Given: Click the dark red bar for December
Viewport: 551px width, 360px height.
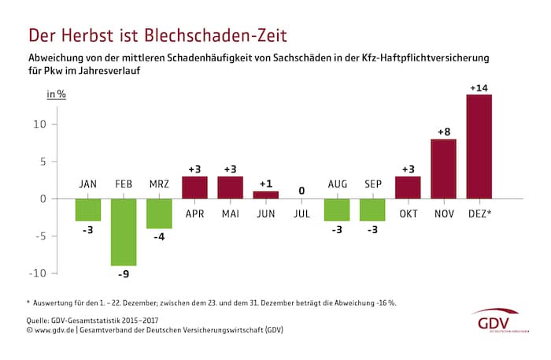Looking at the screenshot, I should pos(479,147).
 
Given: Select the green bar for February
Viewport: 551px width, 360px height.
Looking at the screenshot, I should pos(124,232).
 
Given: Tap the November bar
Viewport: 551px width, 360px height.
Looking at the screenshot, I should pos(443,169).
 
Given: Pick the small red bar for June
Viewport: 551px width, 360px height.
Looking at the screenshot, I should pos(265,195).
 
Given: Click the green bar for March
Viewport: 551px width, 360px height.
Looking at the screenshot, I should pos(159,213).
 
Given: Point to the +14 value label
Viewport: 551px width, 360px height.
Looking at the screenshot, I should pos(479,87).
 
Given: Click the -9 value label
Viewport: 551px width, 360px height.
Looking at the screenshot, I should pos(124,275).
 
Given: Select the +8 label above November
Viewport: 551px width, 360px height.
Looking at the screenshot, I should pos(443,132).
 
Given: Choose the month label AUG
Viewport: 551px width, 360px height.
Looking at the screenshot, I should pos(337,184).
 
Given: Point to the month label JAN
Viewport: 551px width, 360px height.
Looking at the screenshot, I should pos(88,184).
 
